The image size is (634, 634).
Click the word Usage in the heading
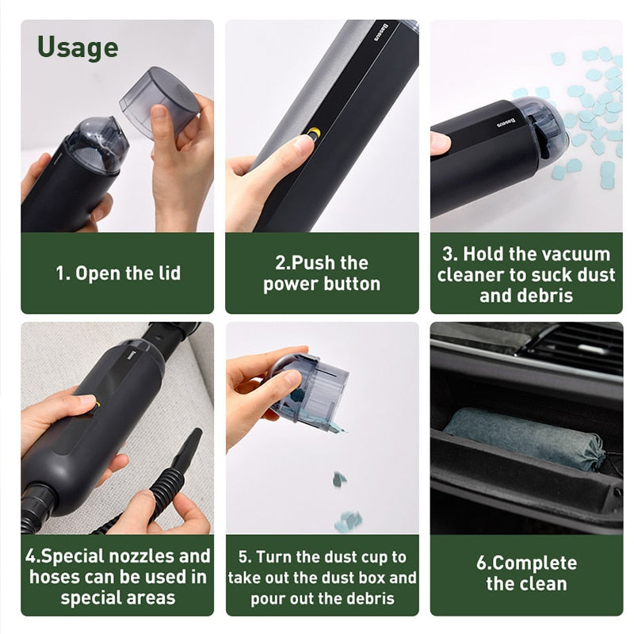(x=78, y=47)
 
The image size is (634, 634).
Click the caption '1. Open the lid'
(x=117, y=273)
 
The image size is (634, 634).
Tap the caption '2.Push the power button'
(x=322, y=273)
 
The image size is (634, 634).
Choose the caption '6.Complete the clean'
(x=526, y=574)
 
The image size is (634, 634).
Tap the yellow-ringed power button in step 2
(x=314, y=133)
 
